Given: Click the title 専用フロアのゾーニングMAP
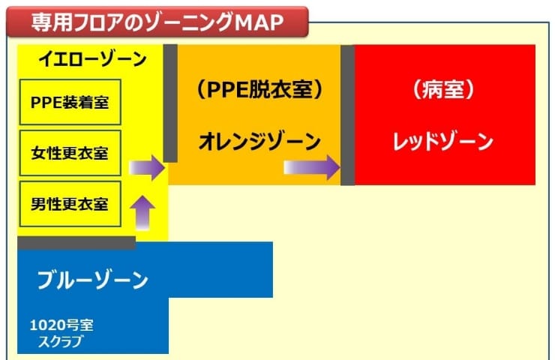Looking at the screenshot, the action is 157,22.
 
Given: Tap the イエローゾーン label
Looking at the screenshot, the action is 92,58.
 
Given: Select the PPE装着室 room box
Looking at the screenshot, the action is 70,102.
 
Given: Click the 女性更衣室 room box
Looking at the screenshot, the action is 70,153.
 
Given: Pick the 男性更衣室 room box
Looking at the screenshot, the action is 70,204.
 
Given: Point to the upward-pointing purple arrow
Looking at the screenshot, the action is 142,212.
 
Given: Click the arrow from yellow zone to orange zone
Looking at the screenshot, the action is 147,167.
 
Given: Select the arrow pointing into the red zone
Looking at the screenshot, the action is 312,167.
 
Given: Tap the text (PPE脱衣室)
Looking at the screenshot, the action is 259,89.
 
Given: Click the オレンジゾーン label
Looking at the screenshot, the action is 259,141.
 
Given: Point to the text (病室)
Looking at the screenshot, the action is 443,89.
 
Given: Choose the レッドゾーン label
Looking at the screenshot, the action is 443,141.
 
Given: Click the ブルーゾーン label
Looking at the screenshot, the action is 93,280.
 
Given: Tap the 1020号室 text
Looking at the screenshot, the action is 61,325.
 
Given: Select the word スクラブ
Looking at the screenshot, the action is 60,341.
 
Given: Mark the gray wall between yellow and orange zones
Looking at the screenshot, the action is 170,103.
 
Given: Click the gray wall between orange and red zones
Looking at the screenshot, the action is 347,115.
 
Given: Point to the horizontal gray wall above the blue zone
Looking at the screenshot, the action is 76,243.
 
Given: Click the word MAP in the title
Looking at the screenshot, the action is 259,22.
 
